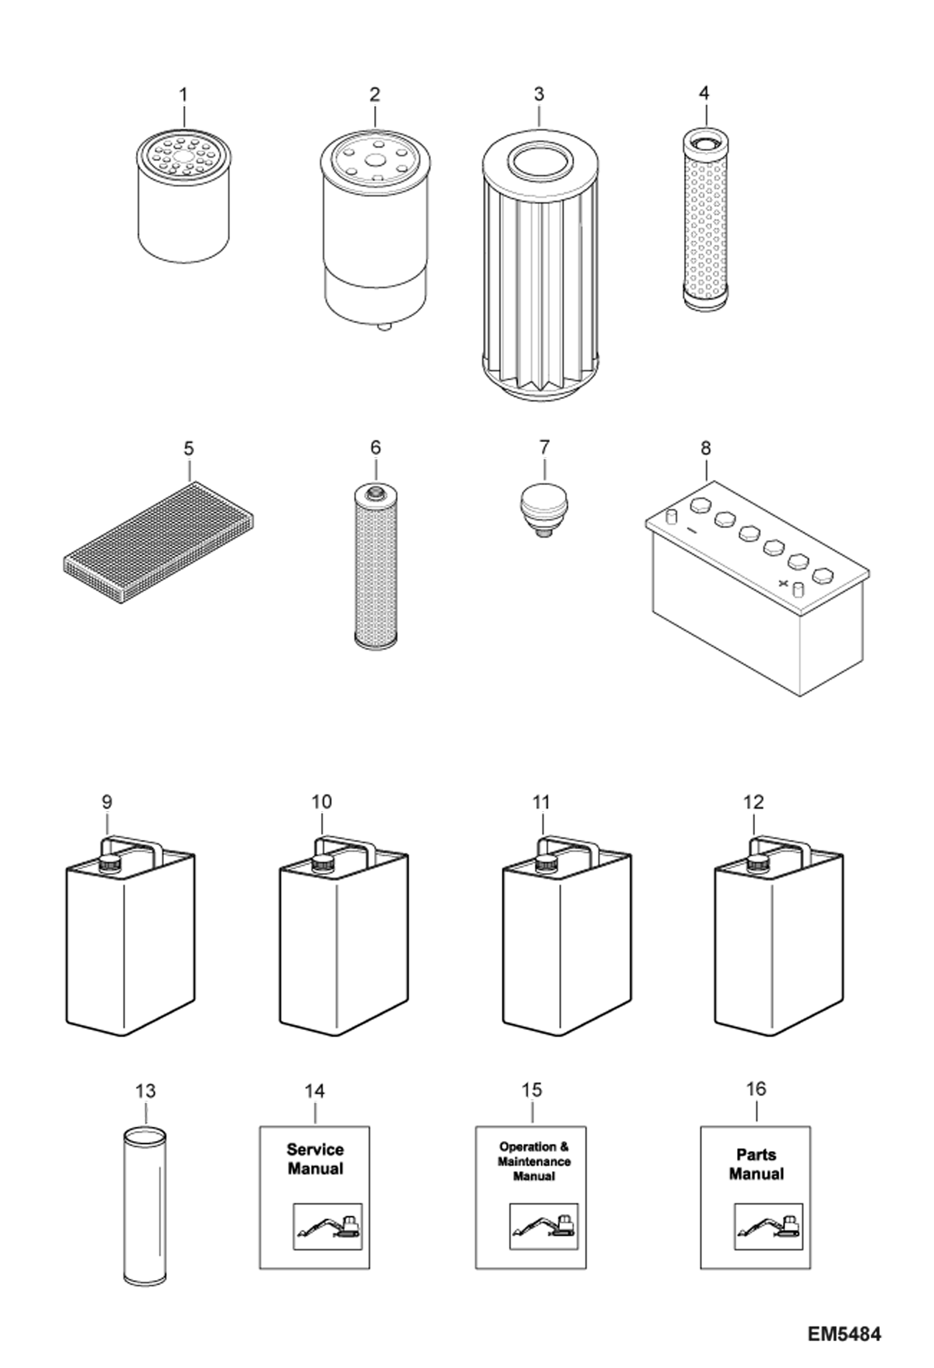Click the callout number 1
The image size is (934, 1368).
click(183, 95)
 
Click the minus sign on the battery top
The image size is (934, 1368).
click(691, 531)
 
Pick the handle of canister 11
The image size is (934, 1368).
click(568, 845)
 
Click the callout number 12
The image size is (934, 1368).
click(753, 802)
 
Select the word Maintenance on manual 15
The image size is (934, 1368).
click(534, 1162)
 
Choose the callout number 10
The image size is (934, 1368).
click(322, 802)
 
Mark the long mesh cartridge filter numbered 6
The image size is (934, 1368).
click(375, 567)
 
